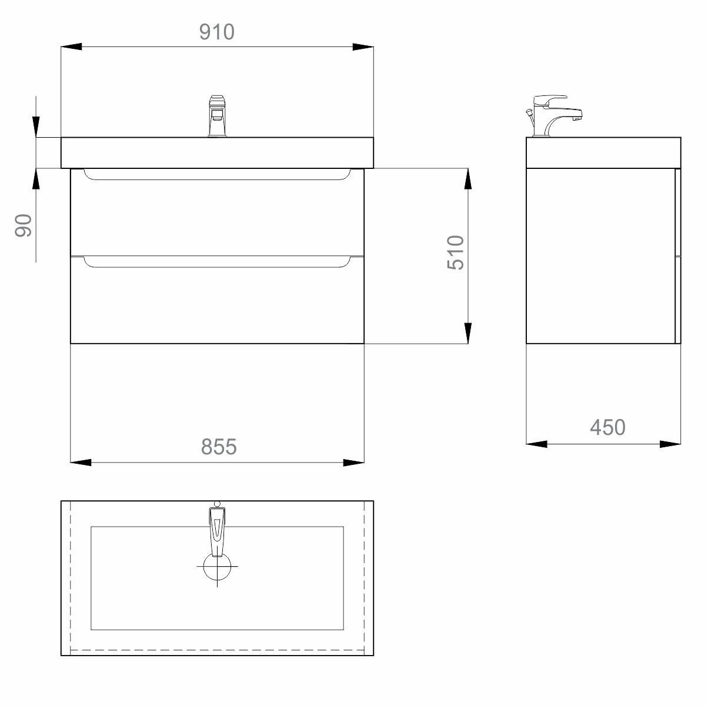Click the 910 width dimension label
pos(217,32)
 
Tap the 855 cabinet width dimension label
pos(219,447)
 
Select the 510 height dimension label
pos(456,252)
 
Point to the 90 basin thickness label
pos(23,225)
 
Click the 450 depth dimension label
pos(607,427)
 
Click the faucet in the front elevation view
pos(217,116)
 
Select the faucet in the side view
pos(554,116)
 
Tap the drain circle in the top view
pos(217,566)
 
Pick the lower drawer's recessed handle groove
pos(217,262)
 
